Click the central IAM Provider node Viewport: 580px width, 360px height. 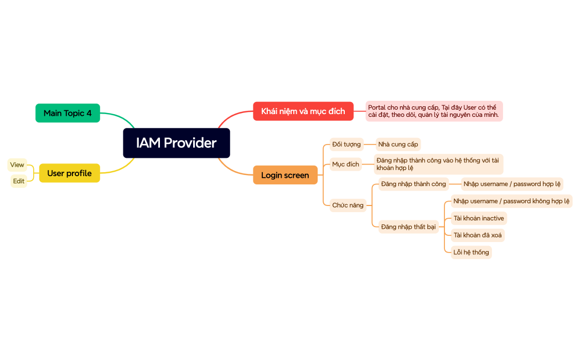[176, 143]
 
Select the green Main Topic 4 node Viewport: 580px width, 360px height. [68, 113]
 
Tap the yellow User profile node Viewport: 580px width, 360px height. [69, 173]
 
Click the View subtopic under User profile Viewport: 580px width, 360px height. [17, 164]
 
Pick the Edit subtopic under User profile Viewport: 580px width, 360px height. [19, 181]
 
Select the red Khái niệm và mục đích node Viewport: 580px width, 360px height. [303, 111]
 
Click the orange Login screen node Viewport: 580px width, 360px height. [285, 175]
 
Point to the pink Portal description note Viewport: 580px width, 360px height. [434, 111]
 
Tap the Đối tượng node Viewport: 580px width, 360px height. [346, 145]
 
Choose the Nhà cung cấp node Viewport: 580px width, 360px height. [398, 145]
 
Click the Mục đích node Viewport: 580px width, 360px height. [345, 164]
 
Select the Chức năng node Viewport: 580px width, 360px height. [348, 205]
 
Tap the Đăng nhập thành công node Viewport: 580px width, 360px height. [413, 184]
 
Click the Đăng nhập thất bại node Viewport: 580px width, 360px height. [408, 227]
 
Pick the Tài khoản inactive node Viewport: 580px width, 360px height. [479, 218]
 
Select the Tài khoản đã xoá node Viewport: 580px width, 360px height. [478, 235]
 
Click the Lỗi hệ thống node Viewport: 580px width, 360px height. [471, 253]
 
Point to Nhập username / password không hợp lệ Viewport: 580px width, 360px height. [511, 201]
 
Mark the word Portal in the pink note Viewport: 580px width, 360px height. [377, 107]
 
